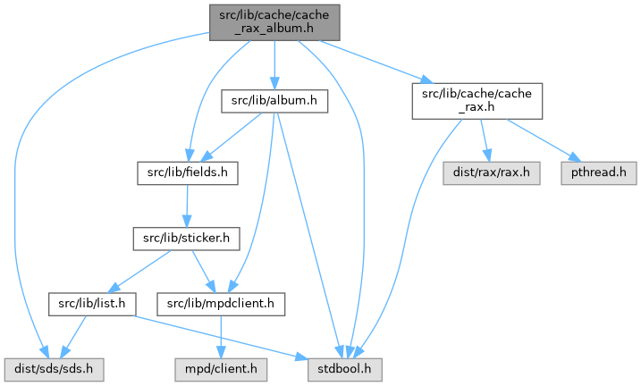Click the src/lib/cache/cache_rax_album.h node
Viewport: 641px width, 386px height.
click(x=274, y=21)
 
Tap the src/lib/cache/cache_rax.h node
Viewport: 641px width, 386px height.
click(x=477, y=99)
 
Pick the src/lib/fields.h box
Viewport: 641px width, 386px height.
click(x=186, y=171)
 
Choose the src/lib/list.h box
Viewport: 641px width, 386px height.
click(x=92, y=305)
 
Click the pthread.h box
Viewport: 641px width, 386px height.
click(x=599, y=171)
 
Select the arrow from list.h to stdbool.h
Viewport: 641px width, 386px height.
click(x=224, y=336)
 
